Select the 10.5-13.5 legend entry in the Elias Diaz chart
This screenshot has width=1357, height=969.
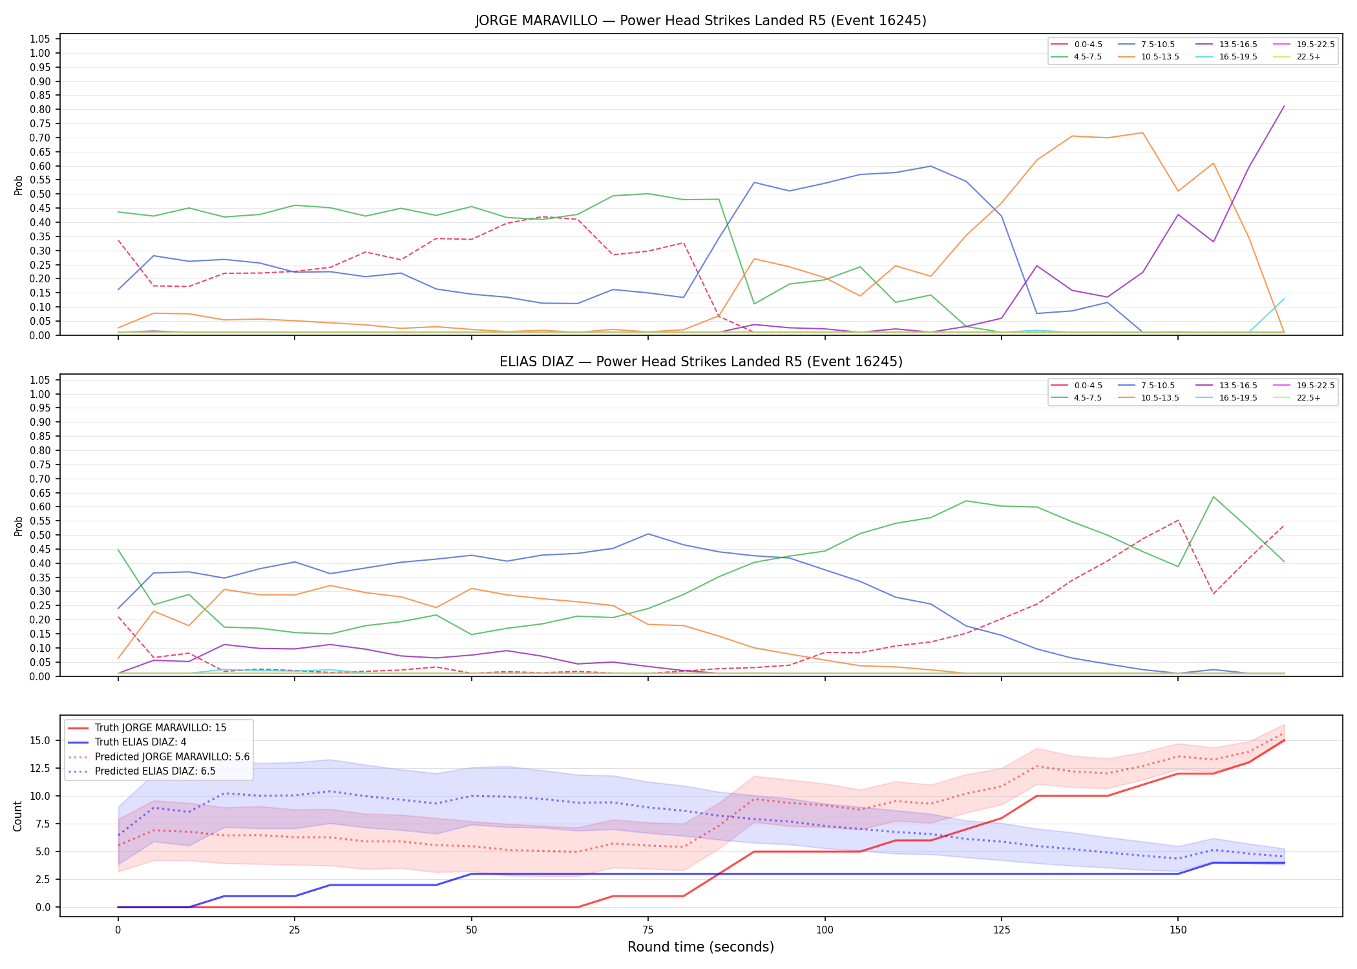[1148, 398]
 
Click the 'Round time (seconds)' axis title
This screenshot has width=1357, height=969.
[700, 947]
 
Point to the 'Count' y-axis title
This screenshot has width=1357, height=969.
[17, 816]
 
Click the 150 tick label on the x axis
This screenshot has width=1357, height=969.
[1178, 930]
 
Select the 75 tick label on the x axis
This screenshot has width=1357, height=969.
[648, 930]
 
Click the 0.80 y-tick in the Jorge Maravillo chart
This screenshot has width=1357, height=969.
[40, 109]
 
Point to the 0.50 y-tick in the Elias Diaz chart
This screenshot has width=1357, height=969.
[40, 535]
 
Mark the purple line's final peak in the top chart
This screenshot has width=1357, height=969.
[1283, 107]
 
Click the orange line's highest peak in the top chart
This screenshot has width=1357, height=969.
[1142, 133]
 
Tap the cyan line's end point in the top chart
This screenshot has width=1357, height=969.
[1283, 298]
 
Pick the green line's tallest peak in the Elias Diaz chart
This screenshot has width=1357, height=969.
[1214, 497]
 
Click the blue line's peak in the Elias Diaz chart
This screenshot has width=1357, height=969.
[648, 534]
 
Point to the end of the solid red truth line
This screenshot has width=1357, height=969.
[1283, 740]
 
